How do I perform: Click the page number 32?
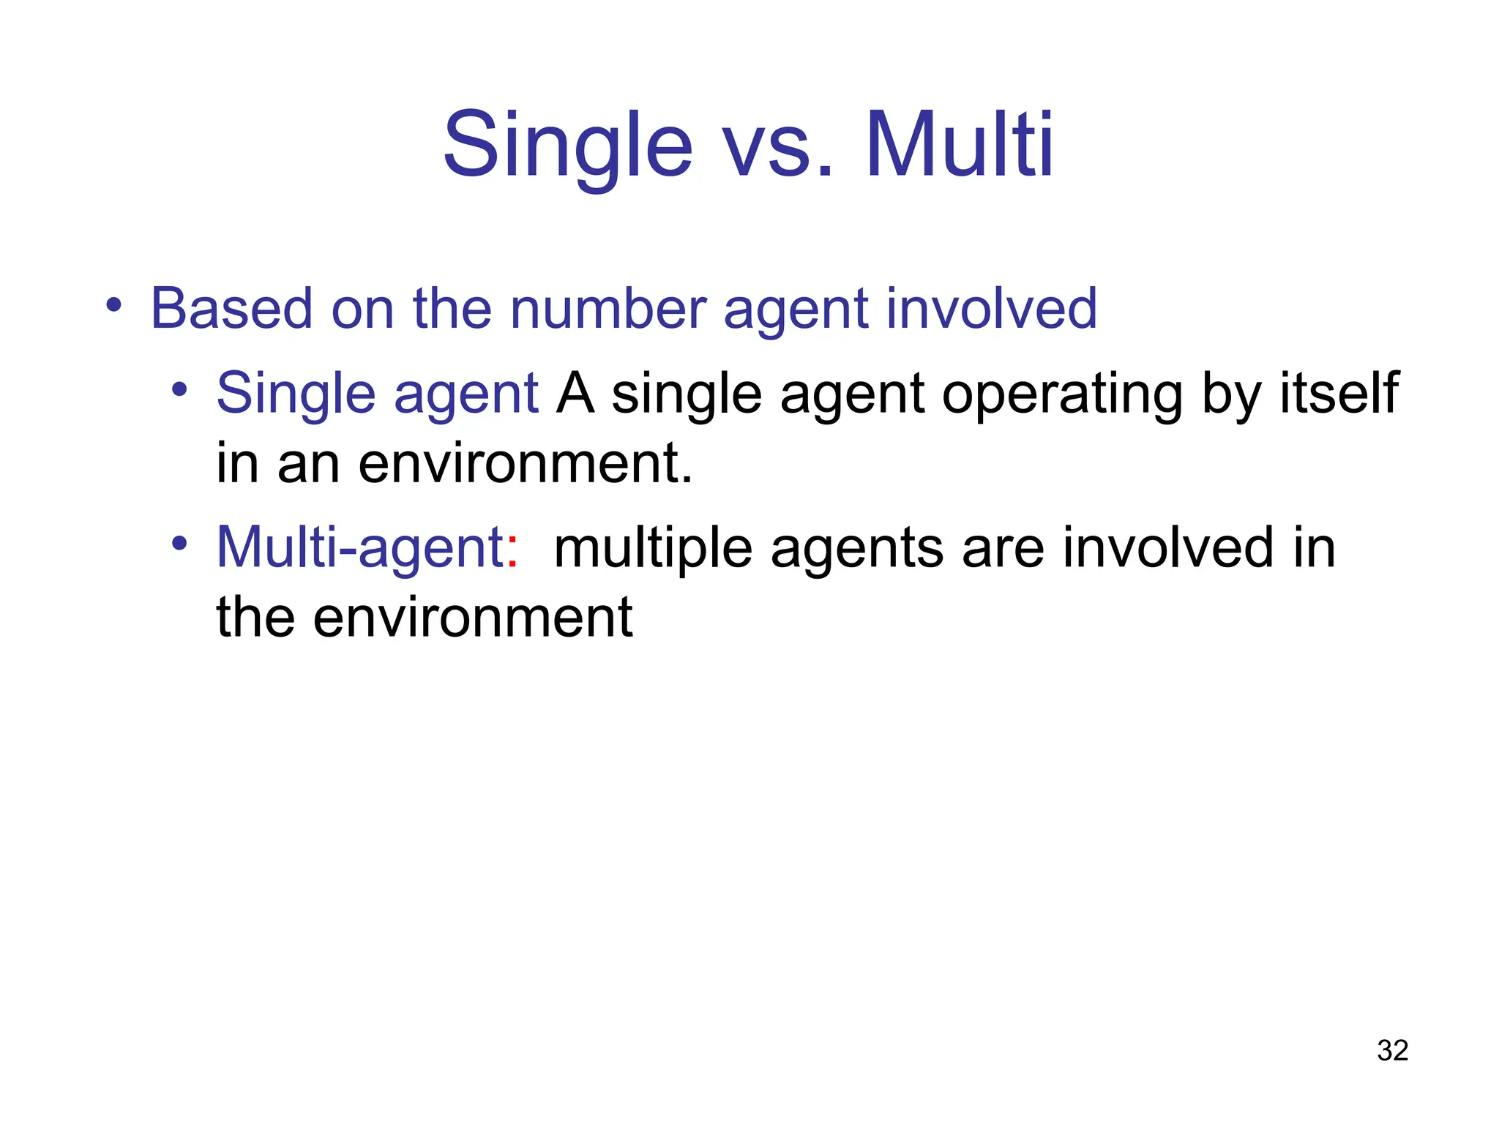click(x=1392, y=1051)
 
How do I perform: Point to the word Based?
click(x=232, y=309)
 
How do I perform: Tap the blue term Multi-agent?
click(x=359, y=548)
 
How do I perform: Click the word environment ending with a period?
click(x=525, y=465)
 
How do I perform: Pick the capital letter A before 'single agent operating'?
click(x=575, y=394)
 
